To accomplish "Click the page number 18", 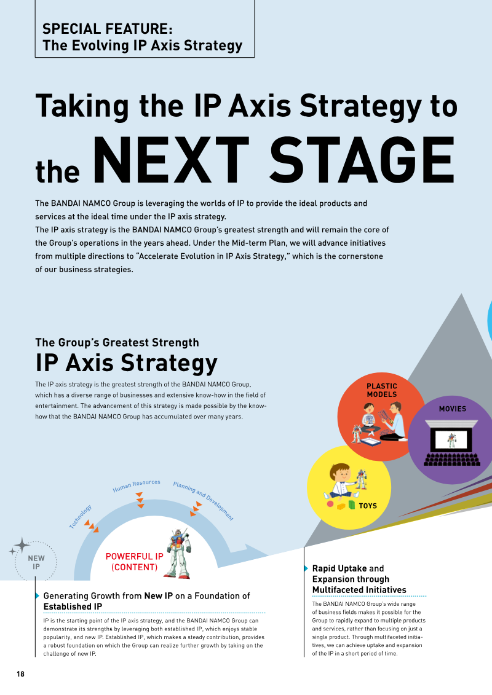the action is point(20,673).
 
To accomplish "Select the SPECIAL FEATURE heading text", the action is point(108,29).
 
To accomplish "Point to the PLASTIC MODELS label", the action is point(381,390).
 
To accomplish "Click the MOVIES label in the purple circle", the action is point(453,409).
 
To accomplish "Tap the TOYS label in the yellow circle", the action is point(368,506).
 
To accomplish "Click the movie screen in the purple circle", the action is point(451,441).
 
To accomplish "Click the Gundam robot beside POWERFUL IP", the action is point(178,554).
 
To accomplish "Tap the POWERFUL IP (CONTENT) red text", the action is point(135,562).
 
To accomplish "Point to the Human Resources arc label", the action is point(136,485).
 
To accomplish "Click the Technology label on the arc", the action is point(81,517).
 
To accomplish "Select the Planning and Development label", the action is point(203,501).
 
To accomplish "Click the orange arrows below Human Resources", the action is point(140,500).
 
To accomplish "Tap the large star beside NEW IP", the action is point(22,544).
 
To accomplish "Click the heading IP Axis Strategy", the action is point(127,363).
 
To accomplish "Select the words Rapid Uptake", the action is point(339,568).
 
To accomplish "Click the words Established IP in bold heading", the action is point(73,607).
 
